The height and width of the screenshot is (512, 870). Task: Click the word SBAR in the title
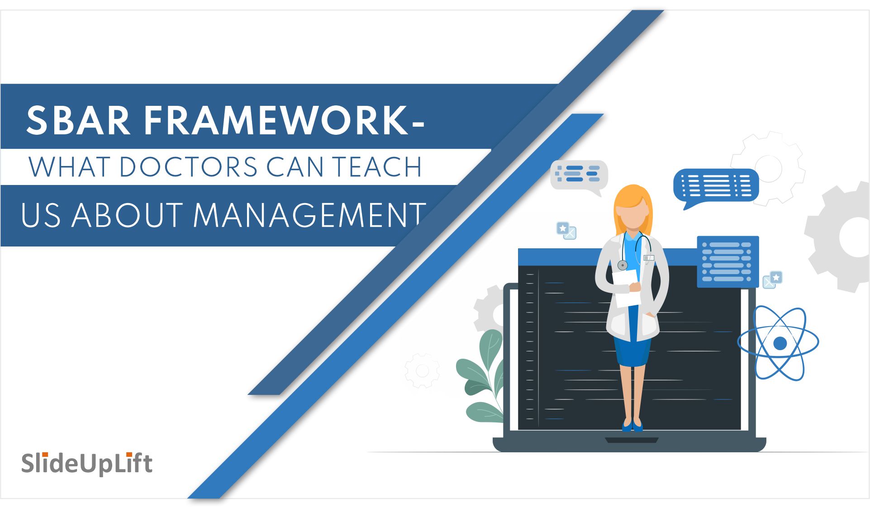coord(78,120)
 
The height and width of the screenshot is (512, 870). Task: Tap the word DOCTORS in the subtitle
coord(189,167)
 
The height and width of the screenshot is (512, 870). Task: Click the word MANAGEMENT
coord(309,215)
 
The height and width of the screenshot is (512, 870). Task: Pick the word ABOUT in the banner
coord(127,215)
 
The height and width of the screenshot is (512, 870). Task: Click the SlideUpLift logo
coord(87,463)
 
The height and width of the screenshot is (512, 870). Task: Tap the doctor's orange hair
coord(633,199)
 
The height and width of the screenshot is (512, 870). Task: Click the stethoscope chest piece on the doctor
coord(623,265)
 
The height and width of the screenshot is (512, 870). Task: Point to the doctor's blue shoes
coord(632,425)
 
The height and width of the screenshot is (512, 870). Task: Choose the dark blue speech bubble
coord(716,185)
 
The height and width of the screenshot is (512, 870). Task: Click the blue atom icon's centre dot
coord(780,343)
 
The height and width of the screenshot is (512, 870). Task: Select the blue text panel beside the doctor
coord(727,261)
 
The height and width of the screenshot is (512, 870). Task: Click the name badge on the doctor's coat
coord(649,258)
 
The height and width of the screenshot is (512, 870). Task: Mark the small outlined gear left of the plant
coord(422,370)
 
